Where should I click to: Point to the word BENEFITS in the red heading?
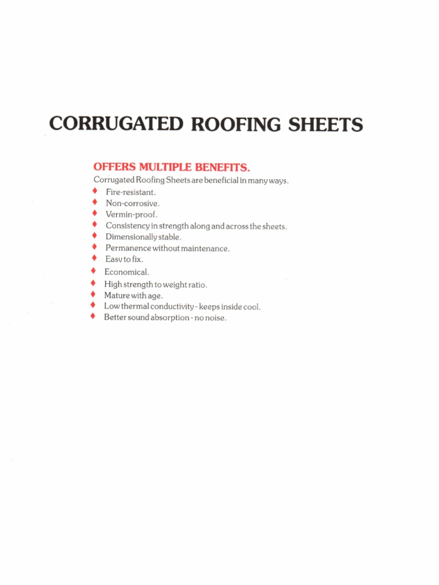pos(223,167)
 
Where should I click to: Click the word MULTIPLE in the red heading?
pos(165,167)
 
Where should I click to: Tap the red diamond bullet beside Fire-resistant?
pos(94,191)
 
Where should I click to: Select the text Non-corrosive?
pos(133,203)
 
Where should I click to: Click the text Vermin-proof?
pos(131,214)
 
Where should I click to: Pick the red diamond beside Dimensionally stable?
pos(94,236)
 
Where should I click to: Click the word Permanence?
pos(128,248)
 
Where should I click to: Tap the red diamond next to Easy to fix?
pos(94,259)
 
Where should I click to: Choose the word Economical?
pos(126,273)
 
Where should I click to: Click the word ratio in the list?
pos(197,284)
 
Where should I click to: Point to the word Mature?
pos(117,295)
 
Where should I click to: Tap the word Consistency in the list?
pos(127,226)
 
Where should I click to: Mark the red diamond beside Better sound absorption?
pos(92,317)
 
